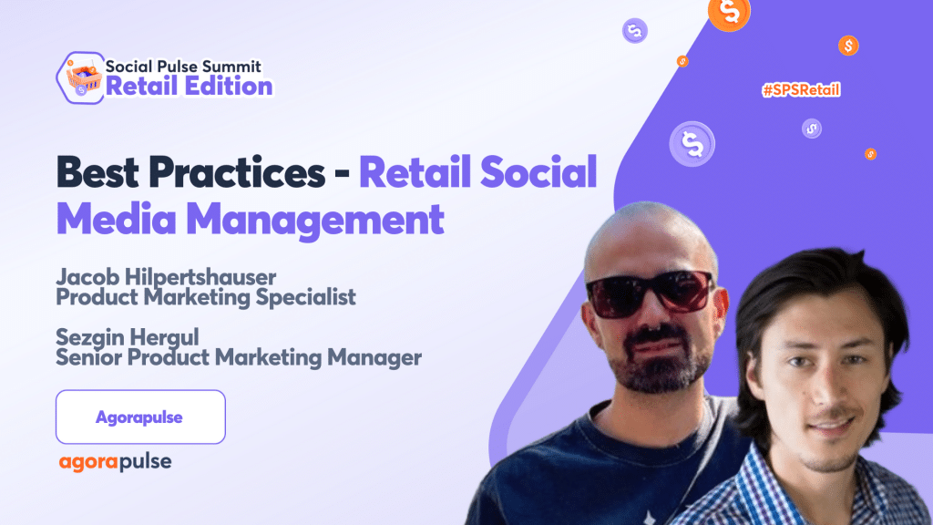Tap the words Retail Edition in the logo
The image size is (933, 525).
[x=190, y=87]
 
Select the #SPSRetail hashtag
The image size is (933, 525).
[x=801, y=90]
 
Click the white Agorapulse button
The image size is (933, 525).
[x=140, y=417]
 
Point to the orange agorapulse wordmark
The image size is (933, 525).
[x=115, y=462]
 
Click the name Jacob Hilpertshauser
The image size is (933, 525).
[x=166, y=277]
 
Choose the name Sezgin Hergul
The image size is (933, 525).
[x=128, y=337]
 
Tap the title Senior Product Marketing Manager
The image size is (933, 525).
[x=239, y=357]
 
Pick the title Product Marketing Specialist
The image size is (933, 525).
[x=206, y=297]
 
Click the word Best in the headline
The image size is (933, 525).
[x=97, y=172]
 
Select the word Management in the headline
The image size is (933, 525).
[x=315, y=220]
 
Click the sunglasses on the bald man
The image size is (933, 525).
[x=649, y=293]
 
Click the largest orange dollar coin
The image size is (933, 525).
[x=729, y=13]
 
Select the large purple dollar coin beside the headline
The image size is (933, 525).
[x=692, y=144]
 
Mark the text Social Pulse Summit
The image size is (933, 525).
[x=183, y=66]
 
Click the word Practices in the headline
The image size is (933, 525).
[x=236, y=172]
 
